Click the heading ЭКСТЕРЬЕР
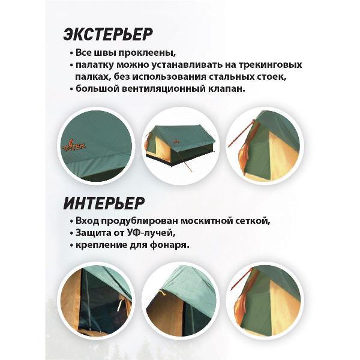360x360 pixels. click(x=107, y=34)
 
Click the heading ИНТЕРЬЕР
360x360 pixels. click(x=104, y=203)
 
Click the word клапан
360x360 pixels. click(x=227, y=89)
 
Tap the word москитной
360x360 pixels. click(x=208, y=221)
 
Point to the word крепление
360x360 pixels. click(x=100, y=245)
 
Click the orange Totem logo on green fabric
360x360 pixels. click(x=74, y=145)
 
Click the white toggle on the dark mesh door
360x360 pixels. click(x=119, y=305)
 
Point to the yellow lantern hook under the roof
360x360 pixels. click(x=163, y=293)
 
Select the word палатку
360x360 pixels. click(x=95, y=65)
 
